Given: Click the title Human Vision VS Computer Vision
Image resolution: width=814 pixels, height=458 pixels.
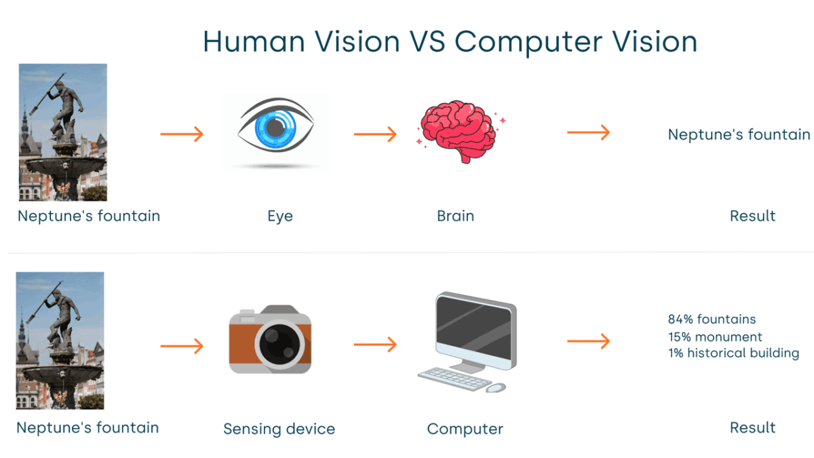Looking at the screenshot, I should click(450, 42).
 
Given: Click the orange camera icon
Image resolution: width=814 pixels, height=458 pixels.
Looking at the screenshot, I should click(270, 339).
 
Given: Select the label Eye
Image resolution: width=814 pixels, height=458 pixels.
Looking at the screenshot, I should click(279, 216).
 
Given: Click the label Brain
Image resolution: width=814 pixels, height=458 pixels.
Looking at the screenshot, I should click(455, 216).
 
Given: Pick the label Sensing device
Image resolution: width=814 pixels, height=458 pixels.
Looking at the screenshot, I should click(279, 429).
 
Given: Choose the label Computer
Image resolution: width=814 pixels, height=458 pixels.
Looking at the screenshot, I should click(465, 429).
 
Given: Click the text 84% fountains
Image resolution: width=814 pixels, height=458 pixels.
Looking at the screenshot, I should click(712, 319).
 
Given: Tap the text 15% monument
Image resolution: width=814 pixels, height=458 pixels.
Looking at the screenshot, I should click(715, 337).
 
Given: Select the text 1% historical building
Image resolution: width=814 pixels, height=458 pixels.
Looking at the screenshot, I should click(733, 354).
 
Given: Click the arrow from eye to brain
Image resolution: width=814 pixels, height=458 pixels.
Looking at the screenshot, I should click(374, 134).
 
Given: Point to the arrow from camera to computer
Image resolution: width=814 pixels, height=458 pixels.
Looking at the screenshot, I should click(374, 346).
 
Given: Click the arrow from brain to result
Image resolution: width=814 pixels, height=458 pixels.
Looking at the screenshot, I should click(588, 133).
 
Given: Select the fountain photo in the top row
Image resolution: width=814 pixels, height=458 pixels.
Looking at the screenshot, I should click(62, 132).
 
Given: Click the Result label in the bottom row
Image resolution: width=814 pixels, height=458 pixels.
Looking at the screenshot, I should click(752, 428).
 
